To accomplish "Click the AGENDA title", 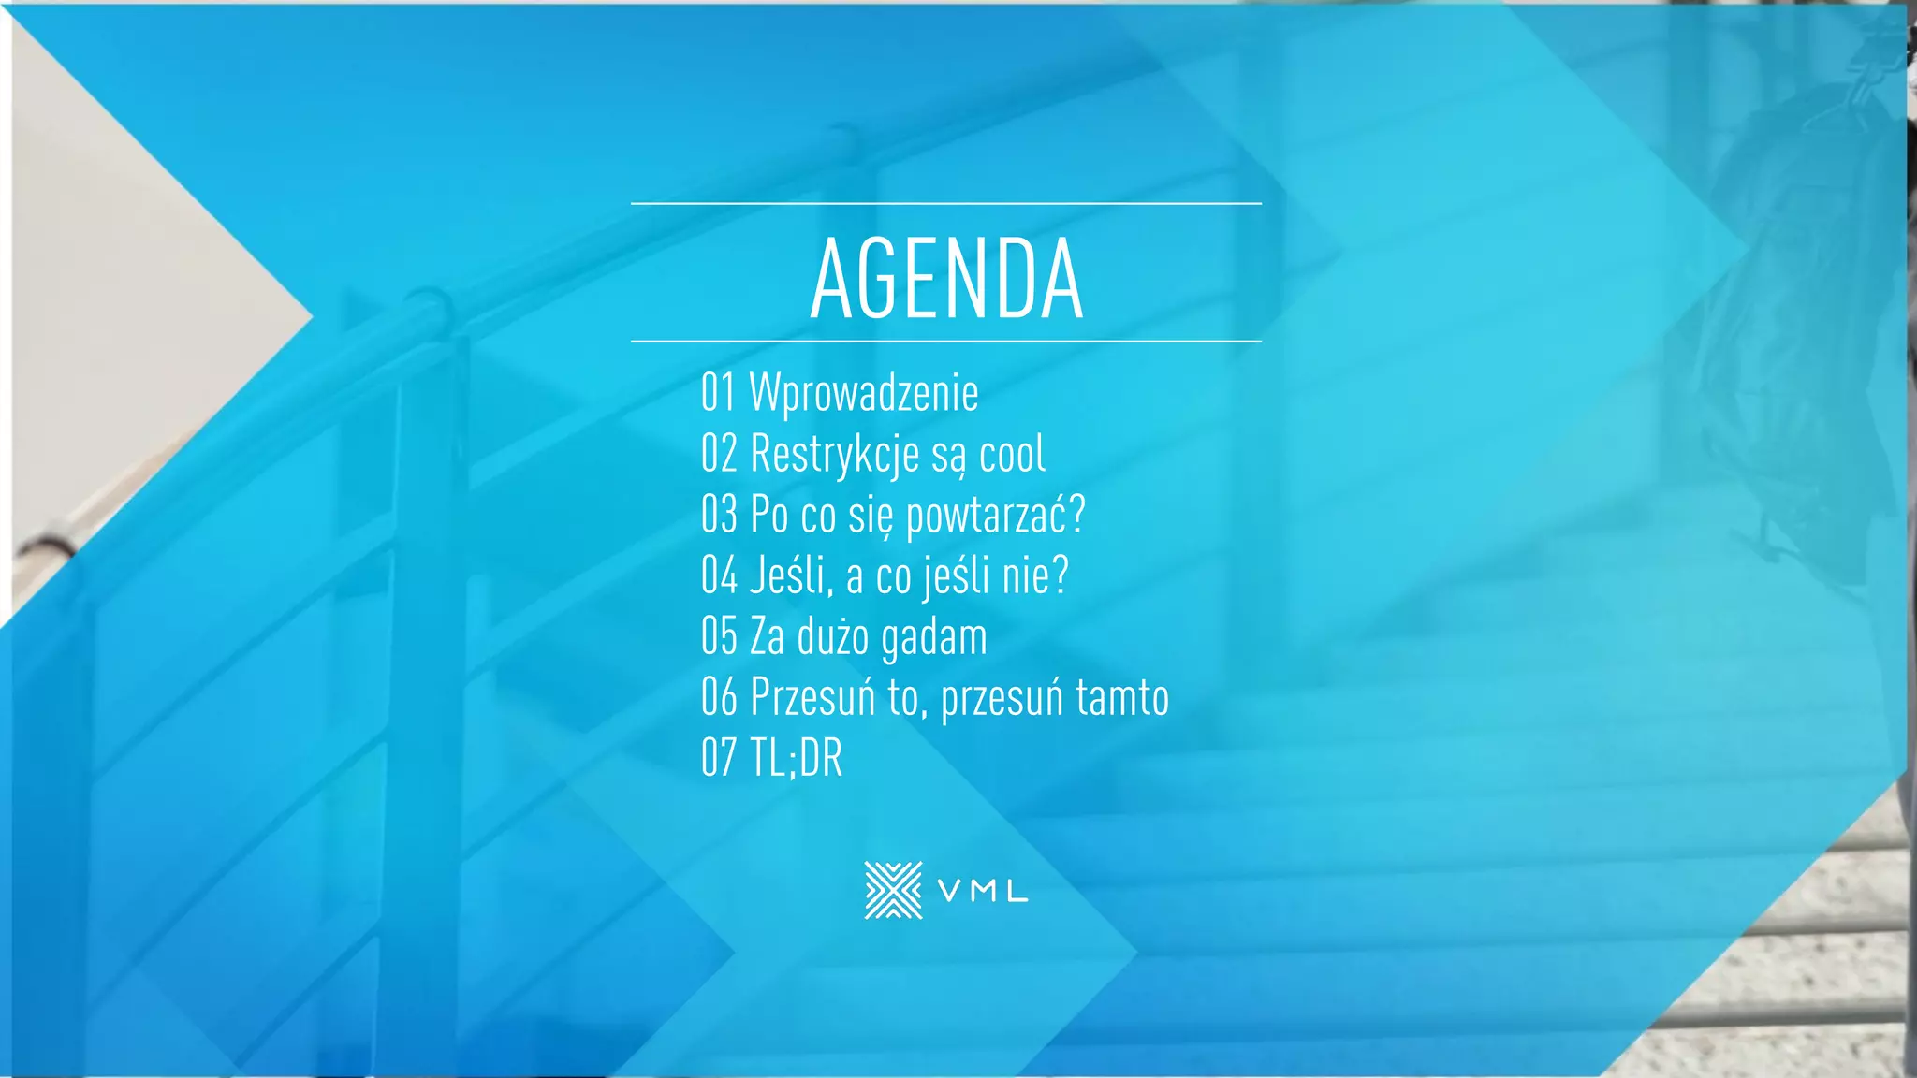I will click(x=946, y=278).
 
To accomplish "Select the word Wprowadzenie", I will click(x=864, y=392).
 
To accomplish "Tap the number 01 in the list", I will click(x=718, y=392).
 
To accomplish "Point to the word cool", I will click(x=1012, y=454).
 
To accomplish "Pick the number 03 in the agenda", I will click(x=719, y=515).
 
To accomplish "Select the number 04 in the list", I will click(x=719, y=575).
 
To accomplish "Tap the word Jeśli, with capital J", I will click(x=792, y=575).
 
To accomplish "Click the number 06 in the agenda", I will click(x=719, y=697).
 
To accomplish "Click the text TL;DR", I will click(x=797, y=758).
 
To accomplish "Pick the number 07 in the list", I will click(x=719, y=758).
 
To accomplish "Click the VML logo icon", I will click(x=893, y=890).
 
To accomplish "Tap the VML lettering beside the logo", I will click(x=983, y=892).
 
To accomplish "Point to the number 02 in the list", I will click(x=719, y=454).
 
